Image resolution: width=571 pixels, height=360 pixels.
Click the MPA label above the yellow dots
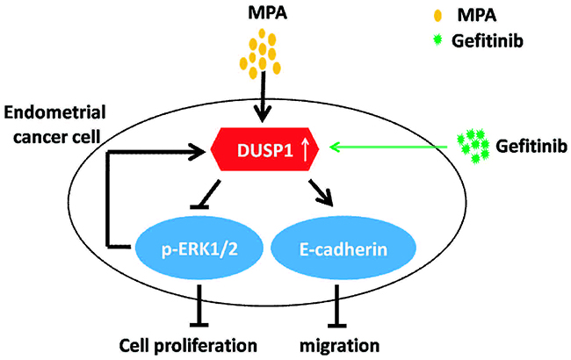(260, 14)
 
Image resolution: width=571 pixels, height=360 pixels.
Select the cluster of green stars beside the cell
(473, 147)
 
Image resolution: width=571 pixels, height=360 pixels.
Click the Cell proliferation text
(189, 342)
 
